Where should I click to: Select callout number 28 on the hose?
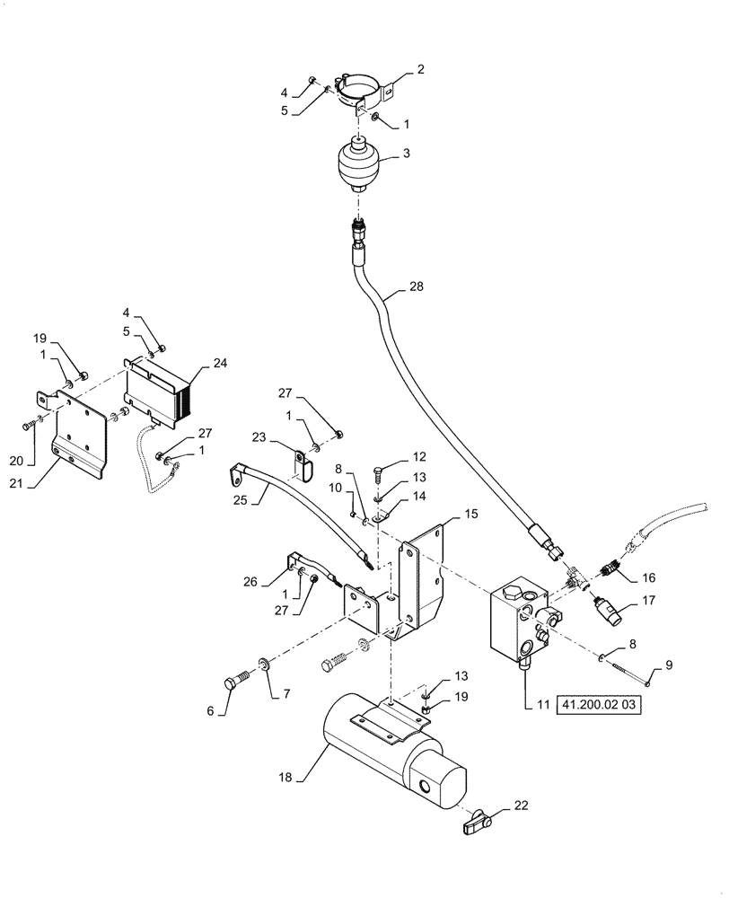coord(416,287)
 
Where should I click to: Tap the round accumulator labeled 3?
coord(360,164)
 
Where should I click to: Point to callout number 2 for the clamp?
coord(420,69)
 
